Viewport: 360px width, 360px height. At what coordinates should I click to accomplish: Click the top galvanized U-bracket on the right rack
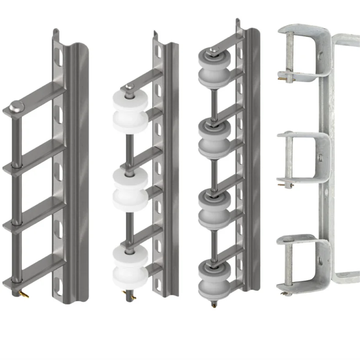coord(304,55)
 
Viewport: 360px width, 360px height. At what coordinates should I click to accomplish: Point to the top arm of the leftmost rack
coord(39,99)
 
